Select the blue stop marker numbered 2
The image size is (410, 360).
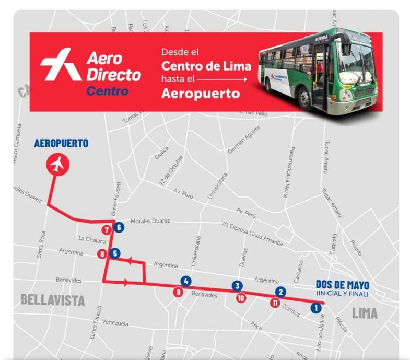(x=281, y=292)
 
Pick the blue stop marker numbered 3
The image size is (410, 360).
(x=238, y=286)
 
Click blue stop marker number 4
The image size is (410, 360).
(x=186, y=281)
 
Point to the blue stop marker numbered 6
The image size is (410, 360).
(x=119, y=227)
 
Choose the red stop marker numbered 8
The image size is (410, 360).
(x=102, y=254)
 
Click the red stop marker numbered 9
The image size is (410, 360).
(x=179, y=293)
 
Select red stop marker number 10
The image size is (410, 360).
(x=241, y=298)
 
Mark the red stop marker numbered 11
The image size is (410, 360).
(x=275, y=303)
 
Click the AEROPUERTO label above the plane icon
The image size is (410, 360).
(x=61, y=143)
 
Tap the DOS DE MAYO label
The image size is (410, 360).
(x=342, y=285)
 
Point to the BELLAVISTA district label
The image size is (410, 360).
(x=52, y=300)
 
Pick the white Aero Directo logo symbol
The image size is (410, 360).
(x=61, y=64)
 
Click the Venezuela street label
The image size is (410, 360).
(x=115, y=323)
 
